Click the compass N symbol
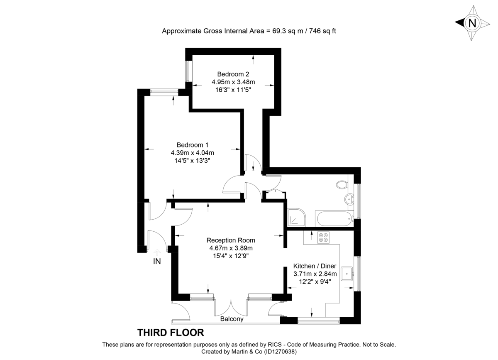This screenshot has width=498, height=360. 472,23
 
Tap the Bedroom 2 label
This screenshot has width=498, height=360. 233,74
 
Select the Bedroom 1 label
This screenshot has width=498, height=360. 193,145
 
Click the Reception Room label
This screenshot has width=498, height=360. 231,240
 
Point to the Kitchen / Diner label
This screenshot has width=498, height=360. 315,266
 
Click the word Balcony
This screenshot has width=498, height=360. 232,319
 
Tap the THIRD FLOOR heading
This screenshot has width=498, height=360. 171,332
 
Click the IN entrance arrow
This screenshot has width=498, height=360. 157,252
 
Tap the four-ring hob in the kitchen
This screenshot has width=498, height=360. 324,237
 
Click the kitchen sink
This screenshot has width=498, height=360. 347,273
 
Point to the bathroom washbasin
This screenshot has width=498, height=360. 350,199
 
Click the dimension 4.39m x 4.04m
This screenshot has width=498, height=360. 193,152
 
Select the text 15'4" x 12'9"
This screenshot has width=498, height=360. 231,255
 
